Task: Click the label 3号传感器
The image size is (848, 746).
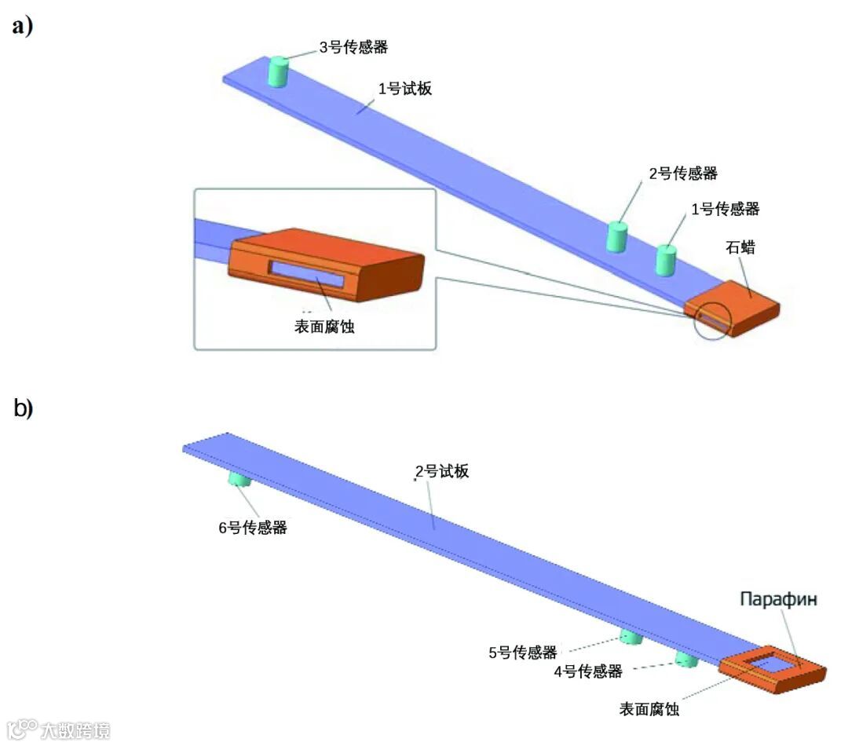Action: (x=353, y=47)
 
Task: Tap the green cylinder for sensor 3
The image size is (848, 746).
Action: (x=278, y=72)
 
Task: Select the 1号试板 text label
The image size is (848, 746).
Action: (x=405, y=89)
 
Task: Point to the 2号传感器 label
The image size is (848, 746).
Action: (x=683, y=174)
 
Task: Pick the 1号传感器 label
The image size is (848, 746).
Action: (x=725, y=209)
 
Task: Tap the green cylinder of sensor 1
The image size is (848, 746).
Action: (x=666, y=260)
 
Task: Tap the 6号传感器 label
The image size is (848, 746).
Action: (x=253, y=528)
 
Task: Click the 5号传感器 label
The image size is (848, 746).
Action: (x=523, y=652)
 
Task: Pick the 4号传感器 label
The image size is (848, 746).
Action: (x=588, y=671)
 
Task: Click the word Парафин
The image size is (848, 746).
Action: (x=779, y=599)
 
